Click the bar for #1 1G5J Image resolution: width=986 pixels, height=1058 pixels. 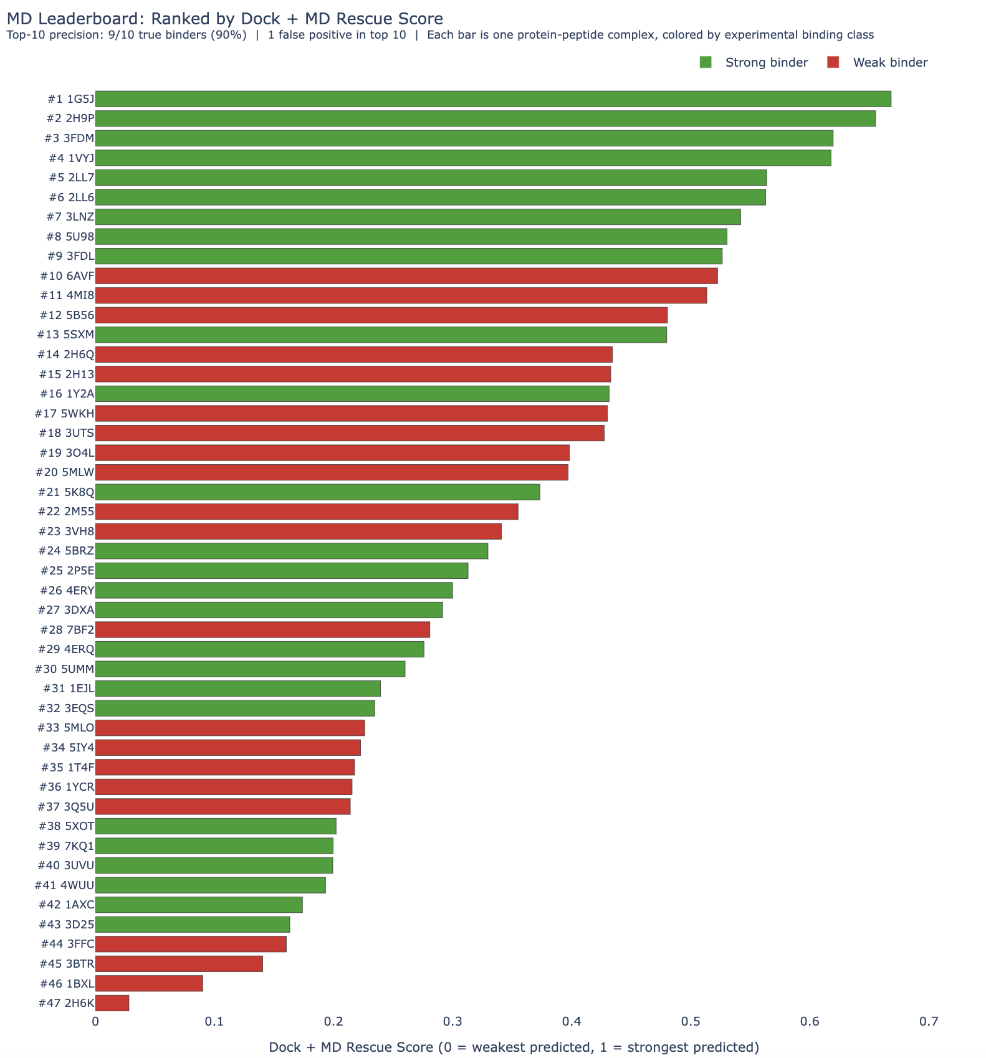pos(492,99)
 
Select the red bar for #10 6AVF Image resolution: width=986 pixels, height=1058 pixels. pos(406,276)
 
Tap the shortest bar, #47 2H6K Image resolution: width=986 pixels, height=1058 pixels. pos(112,1003)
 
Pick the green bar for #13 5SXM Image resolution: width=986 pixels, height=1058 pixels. pos(381,335)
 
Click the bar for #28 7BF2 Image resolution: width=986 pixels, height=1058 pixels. pos(262,630)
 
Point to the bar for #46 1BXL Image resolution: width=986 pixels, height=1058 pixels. pos(149,983)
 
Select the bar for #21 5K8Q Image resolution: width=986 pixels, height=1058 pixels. pos(317,492)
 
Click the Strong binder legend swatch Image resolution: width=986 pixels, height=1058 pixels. pos(706,62)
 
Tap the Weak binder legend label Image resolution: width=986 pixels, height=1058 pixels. pos(890,62)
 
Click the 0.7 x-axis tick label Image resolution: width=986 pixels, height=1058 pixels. pos(929,1022)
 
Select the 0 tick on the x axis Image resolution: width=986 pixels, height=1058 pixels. pos(95,1022)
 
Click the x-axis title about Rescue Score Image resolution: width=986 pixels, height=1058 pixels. pos(514,1047)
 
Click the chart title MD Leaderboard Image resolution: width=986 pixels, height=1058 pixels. pos(224,19)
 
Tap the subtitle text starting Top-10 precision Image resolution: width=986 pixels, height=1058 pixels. pos(439,35)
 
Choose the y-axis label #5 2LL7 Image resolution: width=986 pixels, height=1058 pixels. pos(71,178)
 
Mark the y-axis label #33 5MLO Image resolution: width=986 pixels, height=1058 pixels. pos(66,728)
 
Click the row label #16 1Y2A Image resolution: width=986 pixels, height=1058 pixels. pos(67,394)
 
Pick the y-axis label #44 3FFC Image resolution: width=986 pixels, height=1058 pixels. pos(67,944)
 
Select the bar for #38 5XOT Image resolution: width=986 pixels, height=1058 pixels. pos(216,826)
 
